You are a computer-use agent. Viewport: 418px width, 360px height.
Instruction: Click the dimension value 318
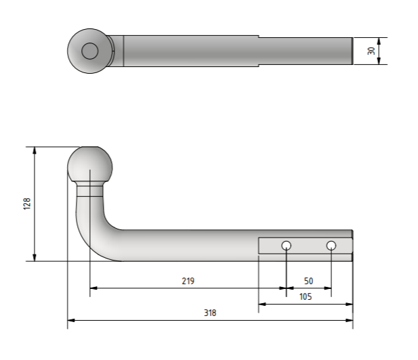coord(210,313)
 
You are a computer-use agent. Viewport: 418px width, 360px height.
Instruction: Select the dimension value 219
coord(188,281)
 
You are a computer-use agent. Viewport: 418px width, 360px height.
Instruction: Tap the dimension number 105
coord(306,296)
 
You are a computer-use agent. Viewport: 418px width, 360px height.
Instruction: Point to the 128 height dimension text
coord(27,204)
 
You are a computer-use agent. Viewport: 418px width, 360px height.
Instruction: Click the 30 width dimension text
coord(371,51)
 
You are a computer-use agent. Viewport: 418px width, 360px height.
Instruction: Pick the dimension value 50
coord(308,281)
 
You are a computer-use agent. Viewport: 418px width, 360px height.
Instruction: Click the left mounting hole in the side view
coord(287,245)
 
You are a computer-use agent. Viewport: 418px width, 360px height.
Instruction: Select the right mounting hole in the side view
coord(331,245)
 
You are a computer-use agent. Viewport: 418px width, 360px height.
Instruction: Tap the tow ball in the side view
coord(90,164)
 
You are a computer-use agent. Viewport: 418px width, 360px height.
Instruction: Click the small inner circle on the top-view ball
coord(90,51)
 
